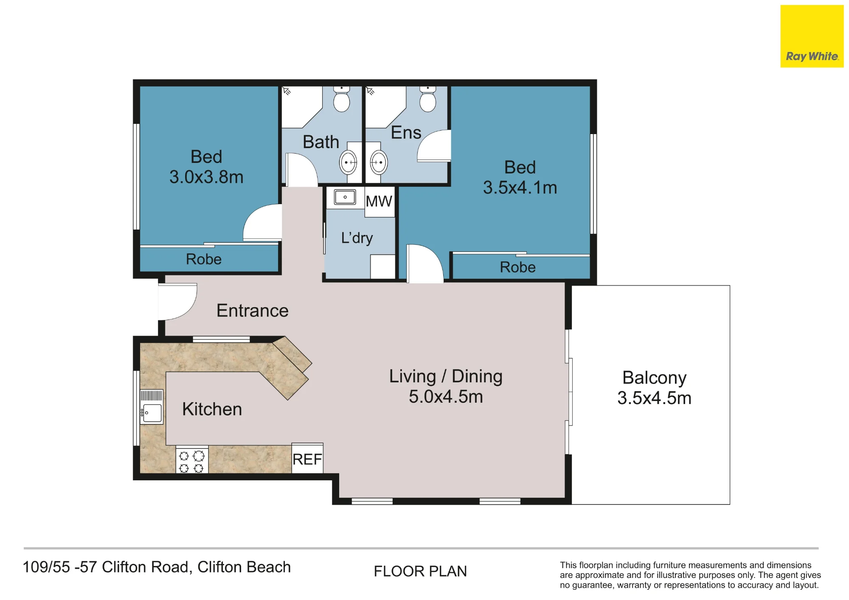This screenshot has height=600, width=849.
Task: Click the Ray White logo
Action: point(812,36)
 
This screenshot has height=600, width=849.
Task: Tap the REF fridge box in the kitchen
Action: point(307,458)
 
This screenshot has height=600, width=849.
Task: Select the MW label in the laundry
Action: point(379,201)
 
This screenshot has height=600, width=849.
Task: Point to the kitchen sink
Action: point(152,407)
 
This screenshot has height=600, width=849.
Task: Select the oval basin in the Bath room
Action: point(349,162)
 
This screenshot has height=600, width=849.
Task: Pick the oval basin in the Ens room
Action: point(379,162)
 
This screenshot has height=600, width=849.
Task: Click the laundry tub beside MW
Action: point(345,197)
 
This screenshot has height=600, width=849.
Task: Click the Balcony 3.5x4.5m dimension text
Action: point(654,398)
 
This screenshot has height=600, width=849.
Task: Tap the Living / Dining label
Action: point(446,376)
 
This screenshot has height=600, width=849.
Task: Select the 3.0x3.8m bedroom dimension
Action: point(206,177)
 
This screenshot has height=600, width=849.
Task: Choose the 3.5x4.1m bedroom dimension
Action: point(520,188)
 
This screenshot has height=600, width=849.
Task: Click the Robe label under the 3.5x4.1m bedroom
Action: point(517,267)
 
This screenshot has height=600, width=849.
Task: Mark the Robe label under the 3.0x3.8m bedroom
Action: point(204,259)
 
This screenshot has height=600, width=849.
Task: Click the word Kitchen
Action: point(212,409)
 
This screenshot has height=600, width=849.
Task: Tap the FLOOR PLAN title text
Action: point(420,572)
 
